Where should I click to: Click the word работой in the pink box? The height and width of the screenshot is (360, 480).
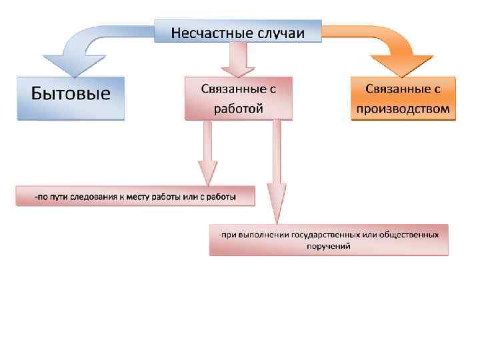(x=238, y=107)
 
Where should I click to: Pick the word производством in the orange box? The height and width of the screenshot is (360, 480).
(x=403, y=107)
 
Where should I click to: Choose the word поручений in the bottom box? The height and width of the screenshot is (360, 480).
(x=329, y=246)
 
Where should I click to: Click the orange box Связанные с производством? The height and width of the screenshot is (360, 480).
(x=403, y=97)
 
